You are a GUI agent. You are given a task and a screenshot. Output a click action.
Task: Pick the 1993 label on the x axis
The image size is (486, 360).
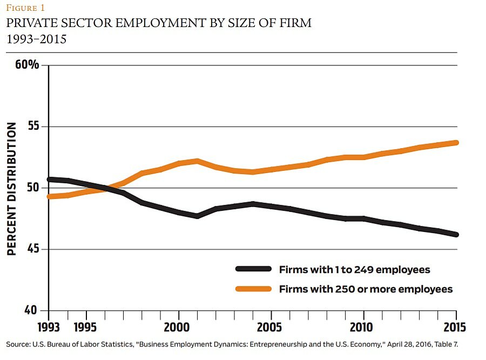(49, 328)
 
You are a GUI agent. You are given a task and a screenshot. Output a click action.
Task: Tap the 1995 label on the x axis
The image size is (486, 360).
(86, 328)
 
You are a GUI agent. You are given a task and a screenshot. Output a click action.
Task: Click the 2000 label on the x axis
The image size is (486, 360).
(179, 328)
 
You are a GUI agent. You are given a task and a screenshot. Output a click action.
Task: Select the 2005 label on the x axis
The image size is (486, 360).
(271, 328)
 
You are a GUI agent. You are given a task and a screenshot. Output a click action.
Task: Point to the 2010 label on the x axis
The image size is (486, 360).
(363, 328)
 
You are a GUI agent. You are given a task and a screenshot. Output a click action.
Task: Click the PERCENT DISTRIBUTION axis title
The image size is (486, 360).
(12, 188)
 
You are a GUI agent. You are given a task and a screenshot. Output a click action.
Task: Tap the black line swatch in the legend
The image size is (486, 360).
(253, 269)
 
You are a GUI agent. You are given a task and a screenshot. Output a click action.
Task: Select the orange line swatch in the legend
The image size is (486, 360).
(253, 289)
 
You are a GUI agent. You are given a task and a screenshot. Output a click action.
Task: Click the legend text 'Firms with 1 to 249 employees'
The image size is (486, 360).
(354, 269)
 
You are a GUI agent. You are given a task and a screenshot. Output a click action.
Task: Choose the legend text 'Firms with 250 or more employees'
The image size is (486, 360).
(366, 289)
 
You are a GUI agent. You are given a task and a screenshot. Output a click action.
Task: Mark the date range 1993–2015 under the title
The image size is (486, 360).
(36, 39)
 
